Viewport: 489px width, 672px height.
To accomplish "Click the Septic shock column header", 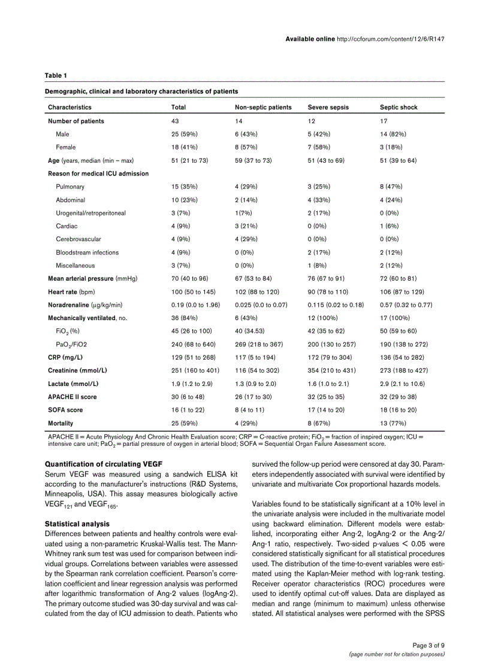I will point(399,108).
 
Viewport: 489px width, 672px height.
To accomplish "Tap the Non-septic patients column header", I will point(263,108).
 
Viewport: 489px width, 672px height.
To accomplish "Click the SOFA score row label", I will point(65,410).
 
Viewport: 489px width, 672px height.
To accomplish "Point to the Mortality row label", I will point(61,423).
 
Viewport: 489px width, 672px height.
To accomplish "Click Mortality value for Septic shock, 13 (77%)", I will point(393,423).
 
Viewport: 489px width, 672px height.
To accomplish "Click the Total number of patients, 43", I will point(176,121).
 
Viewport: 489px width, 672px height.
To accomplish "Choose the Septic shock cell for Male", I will point(393,134).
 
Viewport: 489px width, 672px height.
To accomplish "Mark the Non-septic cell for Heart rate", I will point(257,291).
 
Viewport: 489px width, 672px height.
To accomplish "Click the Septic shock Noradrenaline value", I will point(406,305).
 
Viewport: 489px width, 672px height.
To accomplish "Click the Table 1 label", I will point(56,75).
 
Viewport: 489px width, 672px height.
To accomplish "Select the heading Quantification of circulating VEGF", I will point(103,464).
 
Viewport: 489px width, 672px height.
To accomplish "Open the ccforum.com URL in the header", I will point(391,39).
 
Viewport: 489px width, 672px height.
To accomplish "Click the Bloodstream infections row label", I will point(87,253).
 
